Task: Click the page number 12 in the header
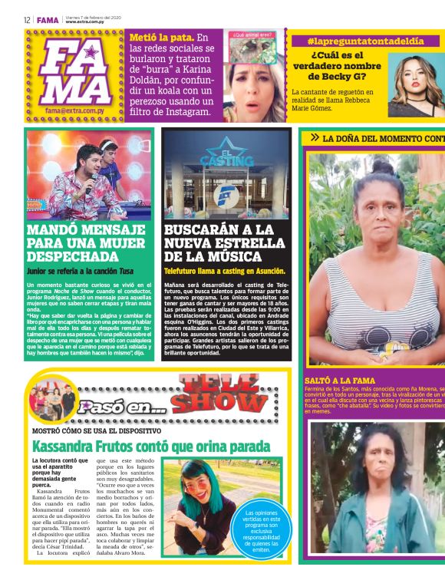(26, 20)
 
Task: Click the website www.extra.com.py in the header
(84, 22)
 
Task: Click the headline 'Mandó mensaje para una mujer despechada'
(86, 243)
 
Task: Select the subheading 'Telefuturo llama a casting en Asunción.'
(225, 271)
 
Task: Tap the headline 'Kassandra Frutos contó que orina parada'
(150, 446)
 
